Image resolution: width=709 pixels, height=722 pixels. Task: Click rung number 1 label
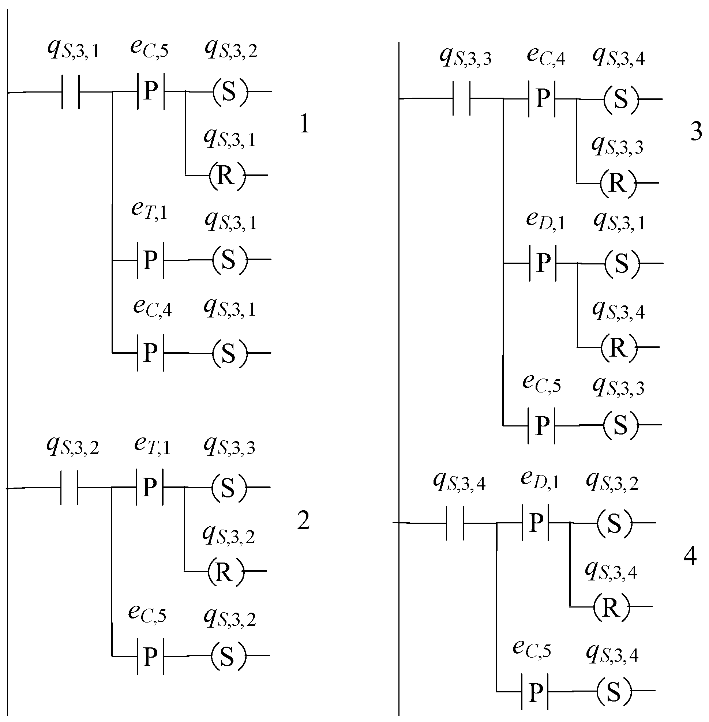click(304, 124)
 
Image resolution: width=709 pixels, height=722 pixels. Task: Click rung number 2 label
click(303, 521)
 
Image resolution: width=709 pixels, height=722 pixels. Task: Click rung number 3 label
click(696, 131)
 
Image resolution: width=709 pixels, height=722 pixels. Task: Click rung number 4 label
click(690, 557)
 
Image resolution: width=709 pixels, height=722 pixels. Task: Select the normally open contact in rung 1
click(70, 92)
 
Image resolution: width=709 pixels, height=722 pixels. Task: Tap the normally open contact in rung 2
click(69, 488)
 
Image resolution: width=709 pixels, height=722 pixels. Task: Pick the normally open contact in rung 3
click(461, 99)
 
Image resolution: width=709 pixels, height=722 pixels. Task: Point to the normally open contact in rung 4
click(455, 523)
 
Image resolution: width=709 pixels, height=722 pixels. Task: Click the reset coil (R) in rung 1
click(227, 175)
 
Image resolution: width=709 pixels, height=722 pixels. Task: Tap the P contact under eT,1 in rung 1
click(150, 260)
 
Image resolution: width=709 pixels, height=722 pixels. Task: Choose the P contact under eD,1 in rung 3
click(543, 263)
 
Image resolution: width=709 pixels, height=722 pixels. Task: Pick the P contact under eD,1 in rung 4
click(536, 522)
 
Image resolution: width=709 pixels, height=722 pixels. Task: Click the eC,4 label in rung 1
click(152, 308)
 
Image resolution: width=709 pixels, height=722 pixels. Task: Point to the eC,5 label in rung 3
click(541, 384)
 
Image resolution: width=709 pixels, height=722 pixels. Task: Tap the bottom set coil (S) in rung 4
click(614, 692)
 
